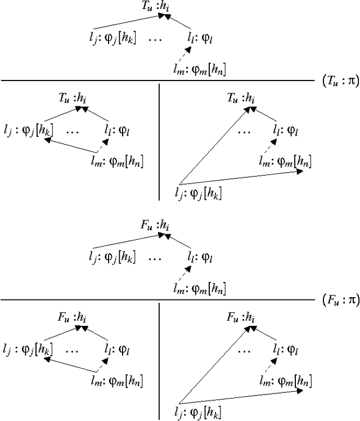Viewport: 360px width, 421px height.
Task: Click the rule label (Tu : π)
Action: pos(340,80)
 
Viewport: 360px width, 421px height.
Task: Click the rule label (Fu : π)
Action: pos(340,299)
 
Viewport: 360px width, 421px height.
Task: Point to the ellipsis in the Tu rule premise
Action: pos(156,39)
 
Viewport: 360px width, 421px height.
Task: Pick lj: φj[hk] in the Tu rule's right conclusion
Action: pos(199,194)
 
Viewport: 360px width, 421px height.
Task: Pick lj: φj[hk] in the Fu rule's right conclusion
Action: pos(199,414)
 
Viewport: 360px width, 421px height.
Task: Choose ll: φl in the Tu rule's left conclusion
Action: pos(118,131)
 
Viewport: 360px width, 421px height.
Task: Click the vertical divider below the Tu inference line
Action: pos(159,141)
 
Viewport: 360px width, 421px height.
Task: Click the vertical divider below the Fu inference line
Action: pos(159,360)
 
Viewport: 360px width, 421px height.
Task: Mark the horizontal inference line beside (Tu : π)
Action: pos(157,80)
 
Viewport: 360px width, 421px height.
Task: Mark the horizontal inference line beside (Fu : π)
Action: pos(157,299)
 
